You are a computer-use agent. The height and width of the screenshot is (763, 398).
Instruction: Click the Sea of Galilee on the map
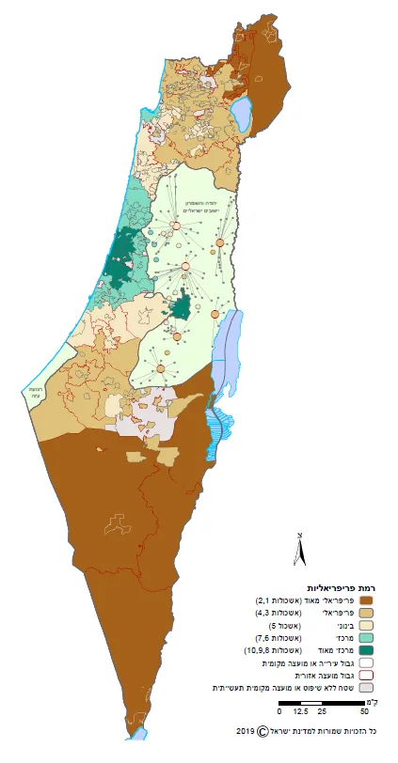[242, 116]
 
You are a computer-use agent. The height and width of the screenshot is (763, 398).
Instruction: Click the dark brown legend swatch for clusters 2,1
[367, 599]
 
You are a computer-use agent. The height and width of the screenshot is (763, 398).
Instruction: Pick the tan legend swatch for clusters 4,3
[367, 612]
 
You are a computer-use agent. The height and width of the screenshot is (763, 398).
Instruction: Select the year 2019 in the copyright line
[246, 730]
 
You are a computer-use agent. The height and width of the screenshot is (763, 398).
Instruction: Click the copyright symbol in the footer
[263, 730]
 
